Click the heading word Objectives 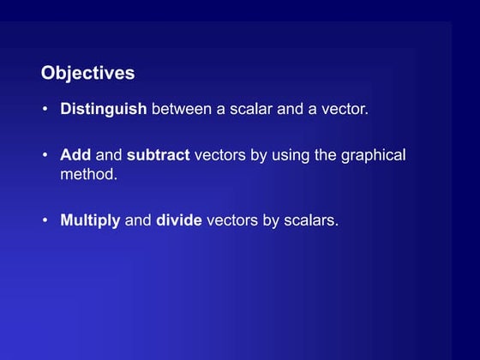87,74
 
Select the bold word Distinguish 104,110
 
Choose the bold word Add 75,156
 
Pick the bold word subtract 159,156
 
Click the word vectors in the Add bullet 221,156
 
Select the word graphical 374,156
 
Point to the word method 87,173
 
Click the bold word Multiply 90,220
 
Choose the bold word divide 179,220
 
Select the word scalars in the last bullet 311,220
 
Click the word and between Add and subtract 109,156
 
